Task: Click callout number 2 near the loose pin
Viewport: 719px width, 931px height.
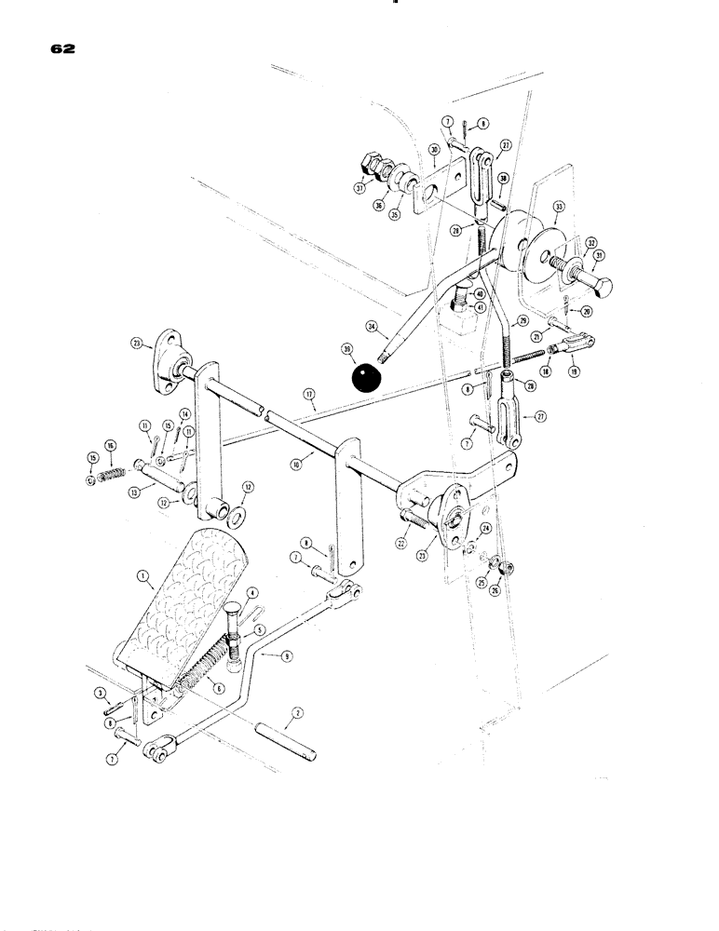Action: click(296, 712)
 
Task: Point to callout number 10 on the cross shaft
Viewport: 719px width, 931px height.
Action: click(294, 460)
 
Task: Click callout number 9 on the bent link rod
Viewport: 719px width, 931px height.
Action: click(288, 656)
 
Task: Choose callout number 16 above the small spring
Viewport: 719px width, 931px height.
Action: click(110, 446)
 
